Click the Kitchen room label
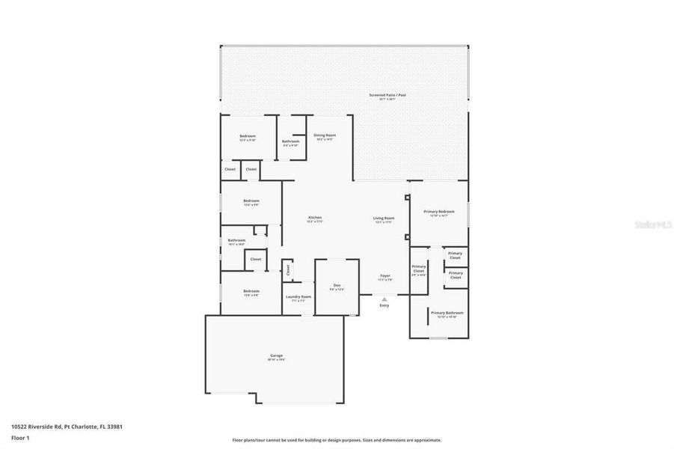[315, 218]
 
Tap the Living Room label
[384, 218]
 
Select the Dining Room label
[325, 135]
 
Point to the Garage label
[277, 355]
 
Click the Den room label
[337, 285]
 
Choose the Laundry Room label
[298, 296]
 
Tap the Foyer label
[385, 276]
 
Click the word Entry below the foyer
[385, 305]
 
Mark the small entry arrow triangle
[385, 298]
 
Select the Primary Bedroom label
[439, 212]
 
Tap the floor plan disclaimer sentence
[337, 440]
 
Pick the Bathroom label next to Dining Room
[291, 141]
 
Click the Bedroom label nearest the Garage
[251, 291]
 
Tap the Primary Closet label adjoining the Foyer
[419, 269]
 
